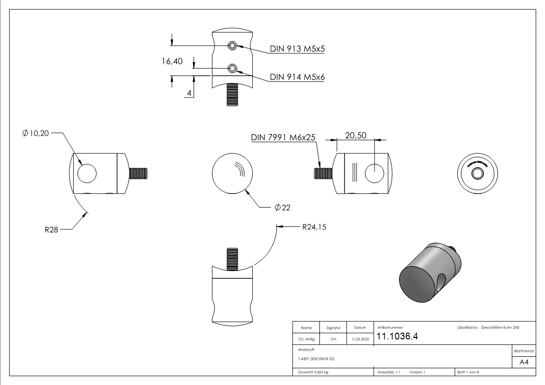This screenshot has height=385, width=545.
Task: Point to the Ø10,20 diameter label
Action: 36,133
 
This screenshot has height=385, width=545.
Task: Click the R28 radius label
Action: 51,229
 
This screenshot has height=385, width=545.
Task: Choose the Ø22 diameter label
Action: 282,208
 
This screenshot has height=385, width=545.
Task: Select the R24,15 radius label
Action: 314,226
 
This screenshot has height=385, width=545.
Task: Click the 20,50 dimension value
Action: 356,135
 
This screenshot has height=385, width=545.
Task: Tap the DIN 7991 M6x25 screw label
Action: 283,137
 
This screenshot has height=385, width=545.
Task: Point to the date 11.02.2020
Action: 360,339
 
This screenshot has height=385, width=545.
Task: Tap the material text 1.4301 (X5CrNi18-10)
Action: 315,359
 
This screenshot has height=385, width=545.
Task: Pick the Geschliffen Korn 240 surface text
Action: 500,328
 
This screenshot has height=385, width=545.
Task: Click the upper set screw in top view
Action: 232,46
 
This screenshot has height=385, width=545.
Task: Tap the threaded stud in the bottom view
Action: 232,257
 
